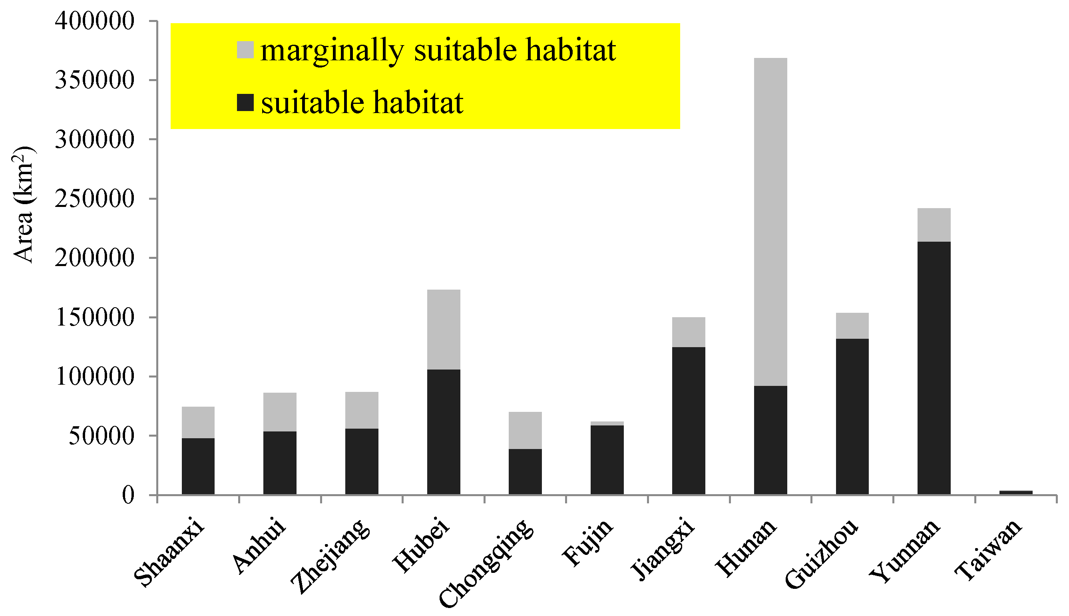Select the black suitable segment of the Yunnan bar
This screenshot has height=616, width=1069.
934,368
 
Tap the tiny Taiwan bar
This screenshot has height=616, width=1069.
1016,492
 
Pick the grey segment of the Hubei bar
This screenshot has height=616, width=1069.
444,330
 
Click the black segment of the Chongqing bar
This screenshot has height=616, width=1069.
525,471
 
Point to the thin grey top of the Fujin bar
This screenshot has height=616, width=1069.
607,423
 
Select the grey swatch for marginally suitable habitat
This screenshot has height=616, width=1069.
245,50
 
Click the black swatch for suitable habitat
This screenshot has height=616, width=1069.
245,103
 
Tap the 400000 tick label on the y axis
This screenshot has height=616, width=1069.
94,21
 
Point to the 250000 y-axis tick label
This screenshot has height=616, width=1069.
94,199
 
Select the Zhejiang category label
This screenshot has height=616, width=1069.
330,556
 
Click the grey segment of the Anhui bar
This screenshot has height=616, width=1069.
280,412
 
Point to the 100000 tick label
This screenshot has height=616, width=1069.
94,377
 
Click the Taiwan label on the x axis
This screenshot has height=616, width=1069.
989,550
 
